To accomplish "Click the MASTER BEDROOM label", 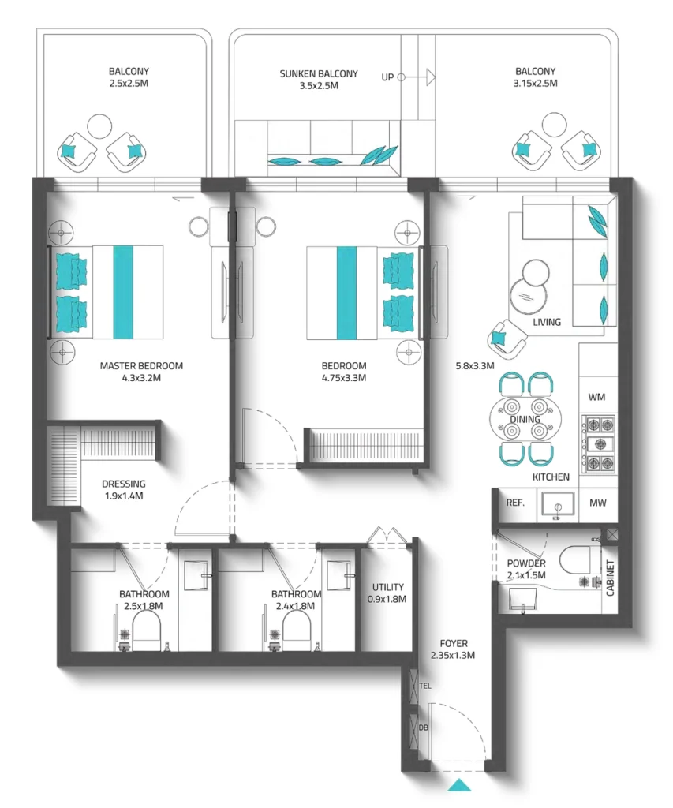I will click(x=141, y=365).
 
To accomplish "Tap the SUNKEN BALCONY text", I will click(x=318, y=73).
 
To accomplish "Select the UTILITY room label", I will click(x=388, y=587).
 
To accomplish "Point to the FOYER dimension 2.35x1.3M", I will click(x=452, y=655).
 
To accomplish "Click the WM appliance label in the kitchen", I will click(x=597, y=397).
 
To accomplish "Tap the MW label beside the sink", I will click(x=597, y=503).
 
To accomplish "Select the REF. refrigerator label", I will click(x=515, y=503).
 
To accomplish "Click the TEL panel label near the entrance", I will click(x=424, y=686).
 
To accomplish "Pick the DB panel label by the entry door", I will click(x=424, y=728).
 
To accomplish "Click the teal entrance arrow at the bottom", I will click(x=458, y=784).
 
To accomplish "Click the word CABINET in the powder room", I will click(x=610, y=578).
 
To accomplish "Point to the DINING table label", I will click(x=524, y=420).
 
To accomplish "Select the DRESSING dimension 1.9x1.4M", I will click(x=123, y=496).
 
